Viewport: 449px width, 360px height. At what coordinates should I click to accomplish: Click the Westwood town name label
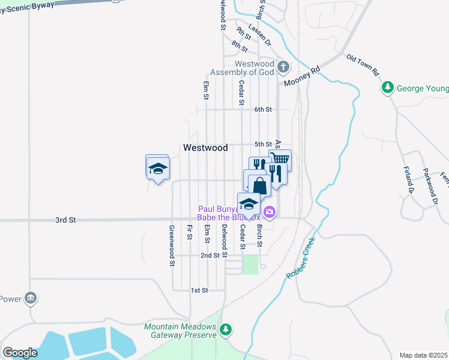[x=205, y=148]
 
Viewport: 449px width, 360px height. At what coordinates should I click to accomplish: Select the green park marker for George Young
[x=388, y=88]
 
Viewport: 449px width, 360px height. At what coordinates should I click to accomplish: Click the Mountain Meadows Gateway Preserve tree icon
[x=226, y=329]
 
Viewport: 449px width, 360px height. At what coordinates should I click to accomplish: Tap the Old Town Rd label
[x=364, y=65]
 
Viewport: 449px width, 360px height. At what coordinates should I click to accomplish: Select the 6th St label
[x=263, y=110]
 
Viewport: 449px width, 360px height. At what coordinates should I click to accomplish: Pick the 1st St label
[x=199, y=290]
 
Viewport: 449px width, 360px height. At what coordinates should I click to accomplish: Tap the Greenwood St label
[x=172, y=245]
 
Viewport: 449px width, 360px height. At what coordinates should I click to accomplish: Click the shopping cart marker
[x=280, y=160]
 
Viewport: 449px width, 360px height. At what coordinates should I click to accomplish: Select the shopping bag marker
[x=259, y=185]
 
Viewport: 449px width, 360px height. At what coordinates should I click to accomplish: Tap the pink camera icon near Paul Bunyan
[x=270, y=211]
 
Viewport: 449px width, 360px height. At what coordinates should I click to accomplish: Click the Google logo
[x=20, y=353]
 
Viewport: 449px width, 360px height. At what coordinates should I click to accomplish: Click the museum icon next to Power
[x=31, y=298]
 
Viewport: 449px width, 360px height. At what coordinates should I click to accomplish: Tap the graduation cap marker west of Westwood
[x=157, y=167]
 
